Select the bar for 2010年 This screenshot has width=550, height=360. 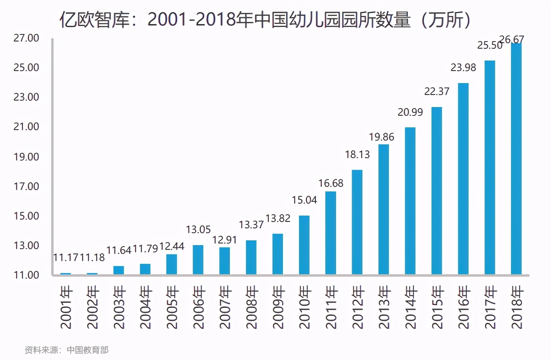click(x=304, y=245)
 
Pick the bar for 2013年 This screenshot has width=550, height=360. click(x=384, y=210)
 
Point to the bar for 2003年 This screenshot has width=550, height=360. click(x=119, y=270)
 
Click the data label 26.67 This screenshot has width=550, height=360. click(x=512, y=40)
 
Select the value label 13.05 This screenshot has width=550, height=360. click(x=198, y=229)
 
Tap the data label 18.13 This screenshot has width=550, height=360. click(x=357, y=154)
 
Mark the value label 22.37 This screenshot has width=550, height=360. click(x=437, y=91)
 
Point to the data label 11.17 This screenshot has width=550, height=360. click(x=66, y=257)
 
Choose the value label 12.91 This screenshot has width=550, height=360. click(x=224, y=240)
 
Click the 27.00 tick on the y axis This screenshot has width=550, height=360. click(x=26, y=38)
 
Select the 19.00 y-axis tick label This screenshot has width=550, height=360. click(x=26, y=156)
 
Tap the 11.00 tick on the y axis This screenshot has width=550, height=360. click(x=26, y=275)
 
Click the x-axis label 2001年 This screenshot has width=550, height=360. click(x=66, y=307)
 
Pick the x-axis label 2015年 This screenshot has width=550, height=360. click(x=437, y=307)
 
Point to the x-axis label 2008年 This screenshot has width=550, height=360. click(x=251, y=307)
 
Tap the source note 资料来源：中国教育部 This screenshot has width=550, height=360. click(x=67, y=350)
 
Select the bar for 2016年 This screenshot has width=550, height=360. click(x=463, y=179)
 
